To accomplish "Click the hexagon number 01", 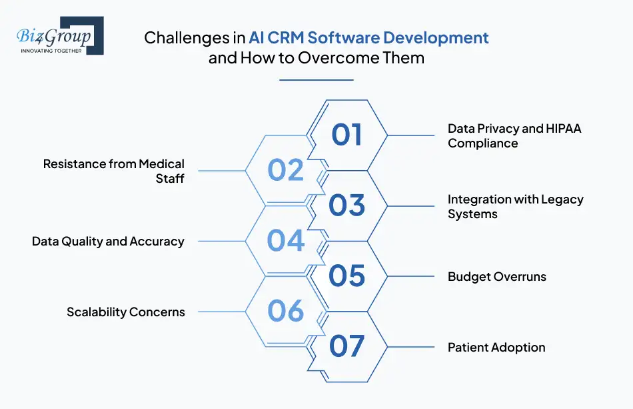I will (x=346, y=135).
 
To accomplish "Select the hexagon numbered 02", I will (x=286, y=170).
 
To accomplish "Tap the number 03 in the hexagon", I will (x=346, y=206).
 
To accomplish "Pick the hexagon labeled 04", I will (x=286, y=241).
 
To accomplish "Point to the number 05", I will (x=346, y=276).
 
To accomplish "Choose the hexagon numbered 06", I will (x=286, y=312).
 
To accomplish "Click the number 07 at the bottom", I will (x=346, y=347).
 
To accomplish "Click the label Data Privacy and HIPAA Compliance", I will (x=514, y=135).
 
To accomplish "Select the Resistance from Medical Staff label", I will (x=114, y=171).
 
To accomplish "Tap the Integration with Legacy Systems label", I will (x=515, y=206).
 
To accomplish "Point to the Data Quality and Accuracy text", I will (x=108, y=242).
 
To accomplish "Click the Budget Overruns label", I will (x=496, y=277).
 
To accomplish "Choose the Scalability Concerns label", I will (x=125, y=312).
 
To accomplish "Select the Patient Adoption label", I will (x=496, y=348).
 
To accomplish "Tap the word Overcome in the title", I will (x=332, y=57).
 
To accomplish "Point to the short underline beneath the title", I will (x=316, y=80).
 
